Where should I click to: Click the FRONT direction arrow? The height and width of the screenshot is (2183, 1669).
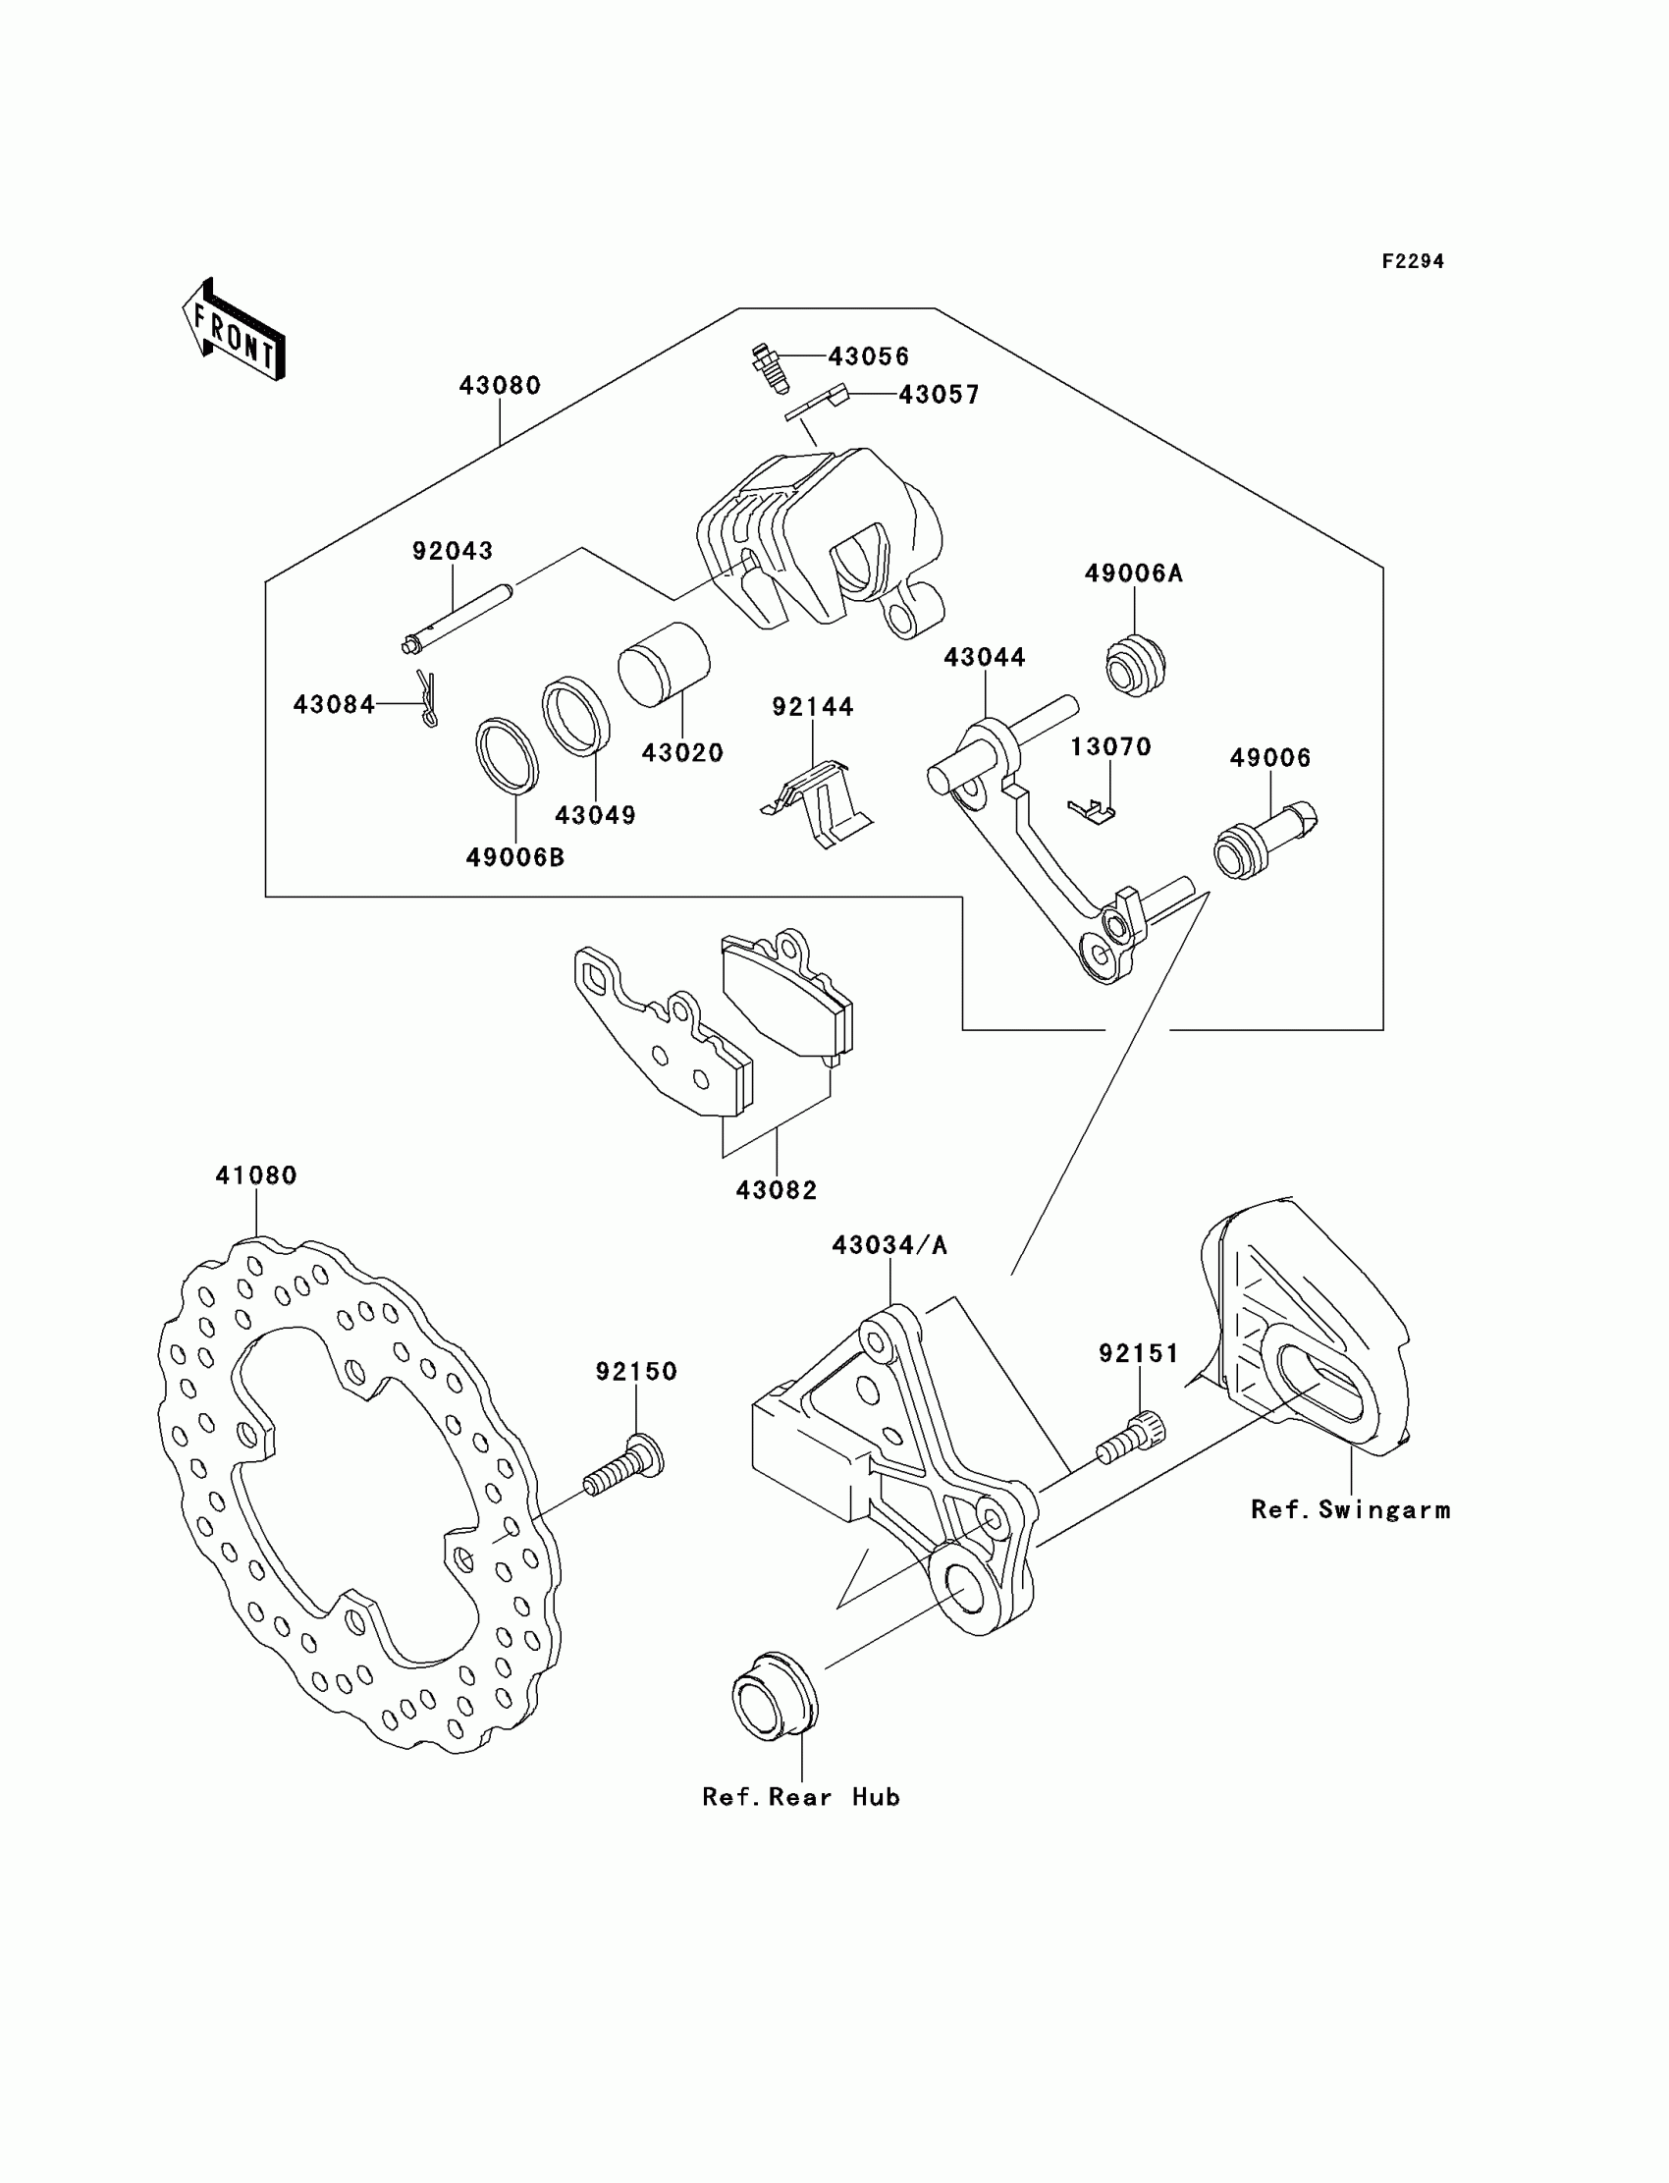(x=234, y=329)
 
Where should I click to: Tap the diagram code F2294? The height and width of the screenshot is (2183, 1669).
(x=1413, y=261)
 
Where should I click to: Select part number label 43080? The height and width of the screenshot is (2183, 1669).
(x=500, y=386)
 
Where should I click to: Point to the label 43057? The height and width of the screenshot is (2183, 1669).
(x=939, y=395)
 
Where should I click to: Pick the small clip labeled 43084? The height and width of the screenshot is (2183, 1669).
(x=427, y=698)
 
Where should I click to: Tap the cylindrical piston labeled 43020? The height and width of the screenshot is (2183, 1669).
(x=664, y=665)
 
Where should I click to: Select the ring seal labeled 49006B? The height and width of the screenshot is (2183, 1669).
(x=508, y=755)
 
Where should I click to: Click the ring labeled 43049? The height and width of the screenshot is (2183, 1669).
(x=576, y=717)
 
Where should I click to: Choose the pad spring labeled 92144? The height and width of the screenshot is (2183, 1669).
(x=817, y=804)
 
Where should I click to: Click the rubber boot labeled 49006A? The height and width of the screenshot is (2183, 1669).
(x=1136, y=664)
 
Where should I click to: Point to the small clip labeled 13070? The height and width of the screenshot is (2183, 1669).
(x=1091, y=811)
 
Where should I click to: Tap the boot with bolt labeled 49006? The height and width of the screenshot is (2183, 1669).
(x=1265, y=840)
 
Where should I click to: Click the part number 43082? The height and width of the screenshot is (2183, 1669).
(x=777, y=1190)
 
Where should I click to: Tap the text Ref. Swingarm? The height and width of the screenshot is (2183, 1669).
(x=1351, y=1510)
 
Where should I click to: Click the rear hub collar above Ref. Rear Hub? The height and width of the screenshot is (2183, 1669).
(x=776, y=1697)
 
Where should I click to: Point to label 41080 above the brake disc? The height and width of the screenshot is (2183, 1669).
(x=256, y=1175)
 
